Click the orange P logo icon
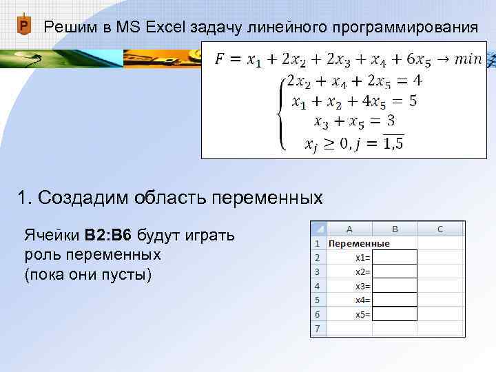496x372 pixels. click(24, 27)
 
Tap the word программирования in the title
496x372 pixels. click(404, 28)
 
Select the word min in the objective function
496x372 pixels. click(468, 59)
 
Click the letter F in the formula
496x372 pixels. click(219, 59)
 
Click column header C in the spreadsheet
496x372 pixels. click(440, 229)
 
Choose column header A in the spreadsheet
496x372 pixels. click(349, 229)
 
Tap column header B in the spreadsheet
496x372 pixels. click(395, 229)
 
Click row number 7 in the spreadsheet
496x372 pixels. click(318, 329)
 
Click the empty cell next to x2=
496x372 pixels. click(395, 271)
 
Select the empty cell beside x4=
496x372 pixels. click(395, 300)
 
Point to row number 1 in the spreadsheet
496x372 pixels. click(318, 243)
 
